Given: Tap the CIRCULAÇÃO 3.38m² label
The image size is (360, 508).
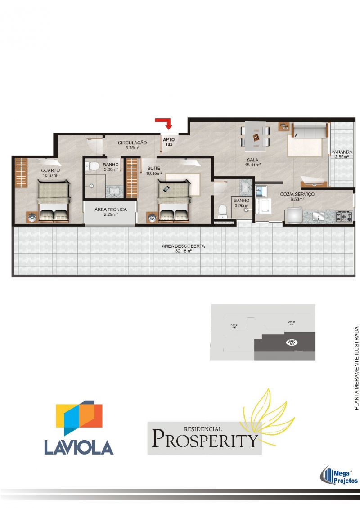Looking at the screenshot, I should click(x=132, y=145).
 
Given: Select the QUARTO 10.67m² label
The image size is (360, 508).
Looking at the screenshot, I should click(x=50, y=173).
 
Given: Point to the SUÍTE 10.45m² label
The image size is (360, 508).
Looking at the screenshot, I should click(x=154, y=171).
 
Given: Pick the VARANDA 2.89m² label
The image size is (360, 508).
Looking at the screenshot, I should click(x=342, y=155).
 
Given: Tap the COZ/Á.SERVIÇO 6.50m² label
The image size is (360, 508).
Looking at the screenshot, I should click(x=297, y=196).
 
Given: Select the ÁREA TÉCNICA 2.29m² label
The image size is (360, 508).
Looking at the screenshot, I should click(x=110, y=212).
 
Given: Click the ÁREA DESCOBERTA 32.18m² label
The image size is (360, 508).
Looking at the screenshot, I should click(x=184, y=249).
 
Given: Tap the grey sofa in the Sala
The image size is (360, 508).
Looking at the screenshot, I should click(x=309, y=131).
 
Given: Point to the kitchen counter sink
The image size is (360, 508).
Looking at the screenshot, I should click(x=319, y=217).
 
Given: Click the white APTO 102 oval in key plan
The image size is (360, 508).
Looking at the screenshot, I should click(x=291, y=343).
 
